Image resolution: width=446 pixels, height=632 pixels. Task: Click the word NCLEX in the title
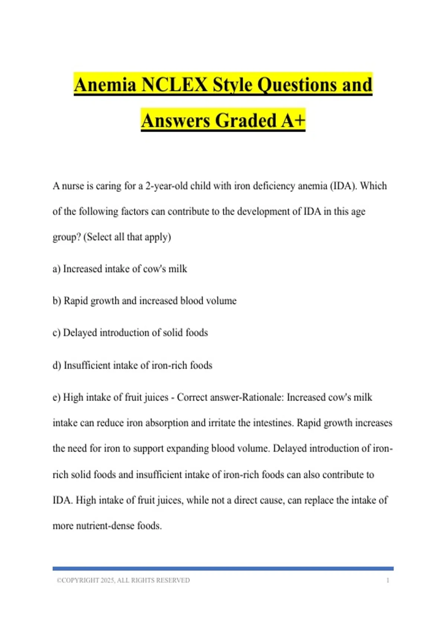(x=174, y=85)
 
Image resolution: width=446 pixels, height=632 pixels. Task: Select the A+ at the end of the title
(x=293, y=120)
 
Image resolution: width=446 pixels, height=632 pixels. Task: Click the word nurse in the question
(x=73, y=186)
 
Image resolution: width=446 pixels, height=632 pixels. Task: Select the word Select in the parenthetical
(x=99, y=237)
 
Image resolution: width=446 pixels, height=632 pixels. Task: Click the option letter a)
(x=56, y=269)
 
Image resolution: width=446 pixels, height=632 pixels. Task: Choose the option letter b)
(x=57, y=300)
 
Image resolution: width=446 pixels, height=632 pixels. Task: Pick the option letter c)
(x=56, y=332)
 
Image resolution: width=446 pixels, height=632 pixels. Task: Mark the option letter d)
(x=57, y=365)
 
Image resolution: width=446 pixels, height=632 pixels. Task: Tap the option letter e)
(x=56, y=397)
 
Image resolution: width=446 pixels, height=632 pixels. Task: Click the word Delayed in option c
(x=80, y=332)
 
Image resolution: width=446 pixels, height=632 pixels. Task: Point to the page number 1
(x=388, y=580)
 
